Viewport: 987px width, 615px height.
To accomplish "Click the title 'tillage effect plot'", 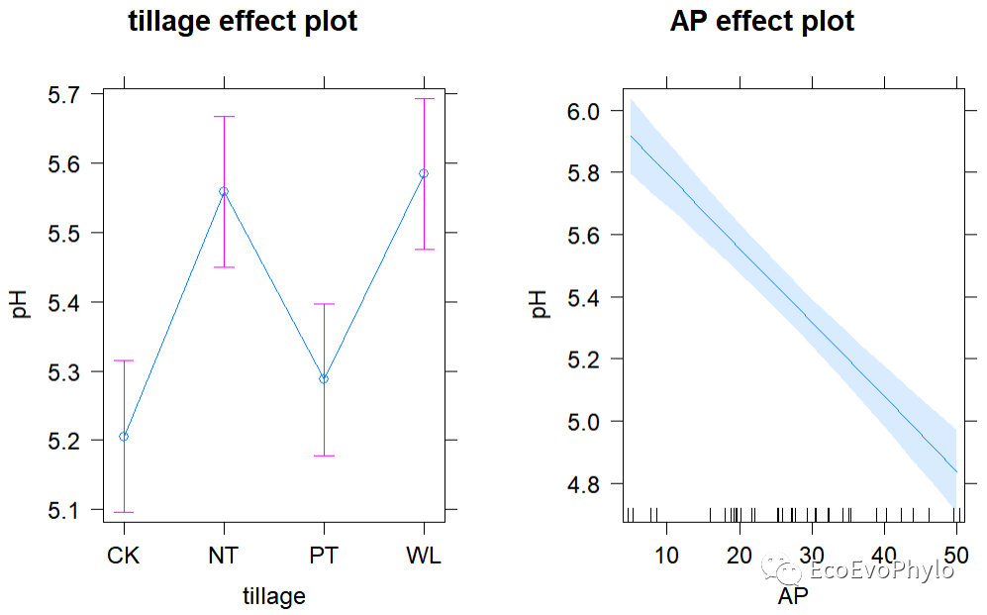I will tap(243, 23).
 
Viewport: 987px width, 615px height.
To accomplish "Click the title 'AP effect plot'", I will tap(762, 23).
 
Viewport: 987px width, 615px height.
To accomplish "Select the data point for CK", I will tap(124, 437).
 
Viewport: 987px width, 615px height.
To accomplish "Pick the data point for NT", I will tap(224, 191).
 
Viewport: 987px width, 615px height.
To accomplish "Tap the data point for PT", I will tap(324, 378).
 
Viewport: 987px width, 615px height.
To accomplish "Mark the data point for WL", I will tap(424, 173).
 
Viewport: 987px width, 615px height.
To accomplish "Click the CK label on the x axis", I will tap(124, 556).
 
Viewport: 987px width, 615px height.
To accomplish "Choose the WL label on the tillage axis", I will tap(424, 556).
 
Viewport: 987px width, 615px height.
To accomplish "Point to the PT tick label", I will tap(324, 556).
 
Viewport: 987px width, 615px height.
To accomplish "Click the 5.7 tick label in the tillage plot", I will tap(67, 95).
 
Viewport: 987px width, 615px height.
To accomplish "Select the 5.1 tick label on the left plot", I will tap(67, 510).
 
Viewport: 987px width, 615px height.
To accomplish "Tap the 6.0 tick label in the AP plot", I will tap(583, 112).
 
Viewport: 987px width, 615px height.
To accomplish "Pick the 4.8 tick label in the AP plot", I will tap(583, 484).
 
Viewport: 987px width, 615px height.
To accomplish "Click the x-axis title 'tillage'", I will tap(274, 596).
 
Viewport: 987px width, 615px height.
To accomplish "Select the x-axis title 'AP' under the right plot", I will tap(793, 596).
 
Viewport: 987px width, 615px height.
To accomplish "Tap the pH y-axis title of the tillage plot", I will tap(22, 302).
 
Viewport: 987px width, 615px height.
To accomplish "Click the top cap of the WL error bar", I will tap(424, 99).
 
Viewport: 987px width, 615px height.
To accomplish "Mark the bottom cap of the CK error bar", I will tap(124, 512).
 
